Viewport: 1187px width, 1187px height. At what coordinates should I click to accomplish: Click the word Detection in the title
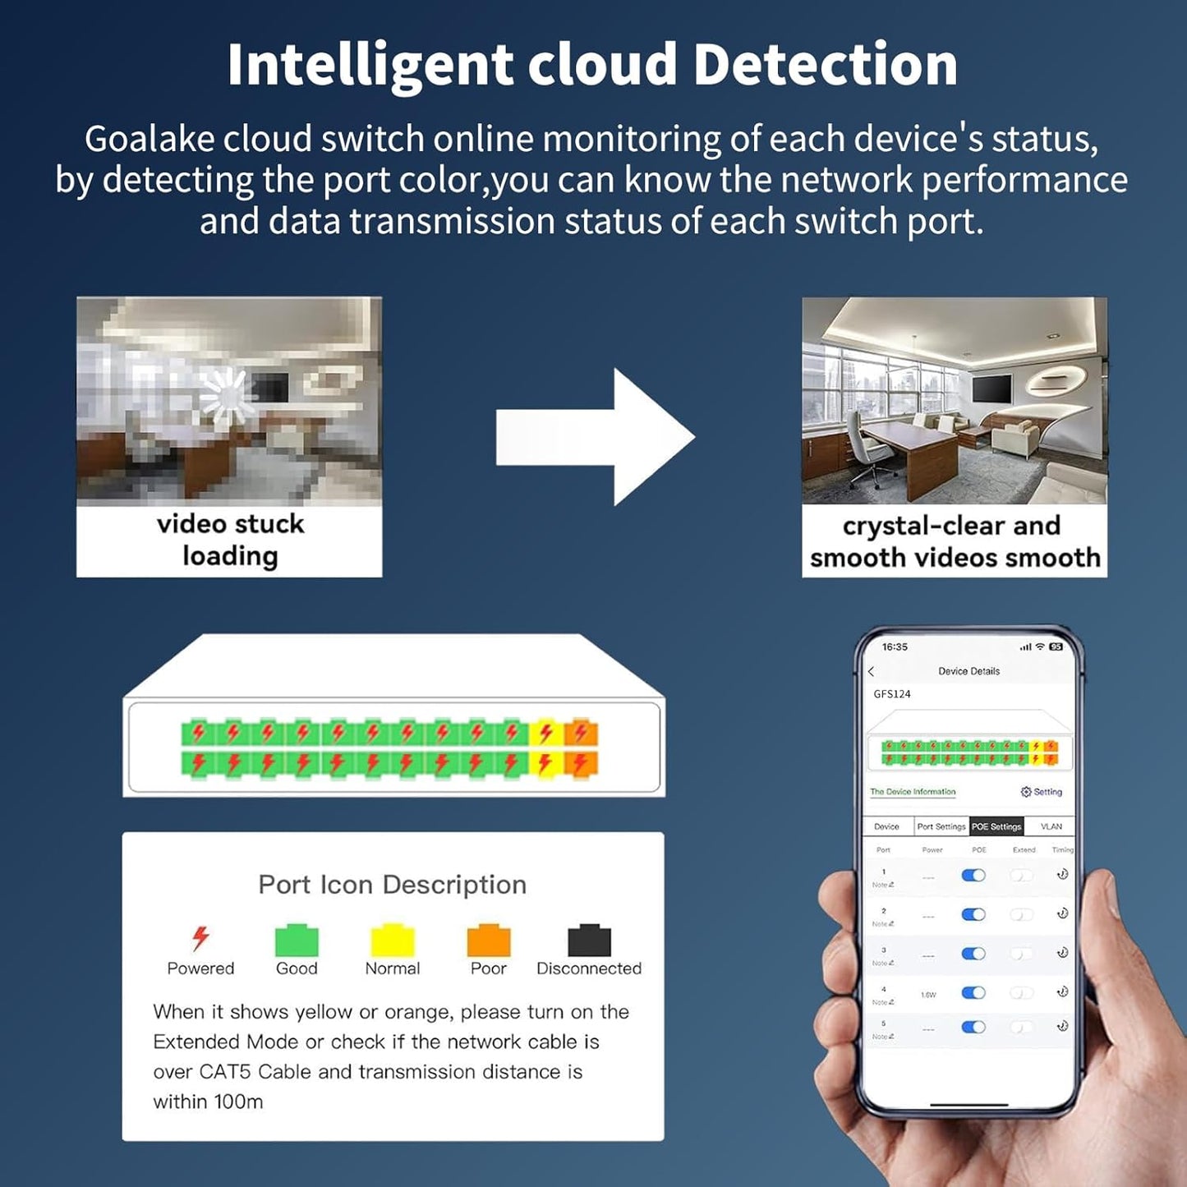click(x=825, y=64)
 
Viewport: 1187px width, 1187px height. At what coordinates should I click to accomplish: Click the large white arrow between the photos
click(x=595, y=437)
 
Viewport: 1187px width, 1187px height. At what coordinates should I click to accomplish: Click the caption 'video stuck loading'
click(x=230, y=540)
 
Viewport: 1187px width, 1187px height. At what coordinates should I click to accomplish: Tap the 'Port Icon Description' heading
click(x=392, y=885)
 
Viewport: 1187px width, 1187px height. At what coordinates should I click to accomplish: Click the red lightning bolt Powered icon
click(x=200, y=937)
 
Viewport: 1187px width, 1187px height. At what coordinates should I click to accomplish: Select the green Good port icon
click(x=297, y=941)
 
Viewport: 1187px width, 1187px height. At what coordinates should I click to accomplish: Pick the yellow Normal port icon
click(x=393, y=941)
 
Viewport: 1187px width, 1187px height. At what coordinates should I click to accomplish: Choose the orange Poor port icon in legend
click(x=489, y=941)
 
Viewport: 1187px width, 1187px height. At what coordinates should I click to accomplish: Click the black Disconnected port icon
click(x=589, y=941)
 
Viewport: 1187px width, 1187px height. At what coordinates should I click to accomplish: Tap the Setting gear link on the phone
click(x=1041, y=792)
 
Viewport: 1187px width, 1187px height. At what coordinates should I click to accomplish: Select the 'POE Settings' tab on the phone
click(x=996, y=826)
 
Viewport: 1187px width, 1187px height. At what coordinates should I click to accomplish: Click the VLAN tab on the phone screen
click(x=1051, y=826)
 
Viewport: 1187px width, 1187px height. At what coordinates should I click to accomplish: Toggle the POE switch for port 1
click(x=973, y=876)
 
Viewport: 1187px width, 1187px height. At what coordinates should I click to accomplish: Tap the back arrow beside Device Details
click(x=872, y=671)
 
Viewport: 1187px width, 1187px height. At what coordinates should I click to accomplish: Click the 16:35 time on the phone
click(x=895, y=647)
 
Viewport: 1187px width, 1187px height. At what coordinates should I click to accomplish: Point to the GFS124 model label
click(x=892, y=694)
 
